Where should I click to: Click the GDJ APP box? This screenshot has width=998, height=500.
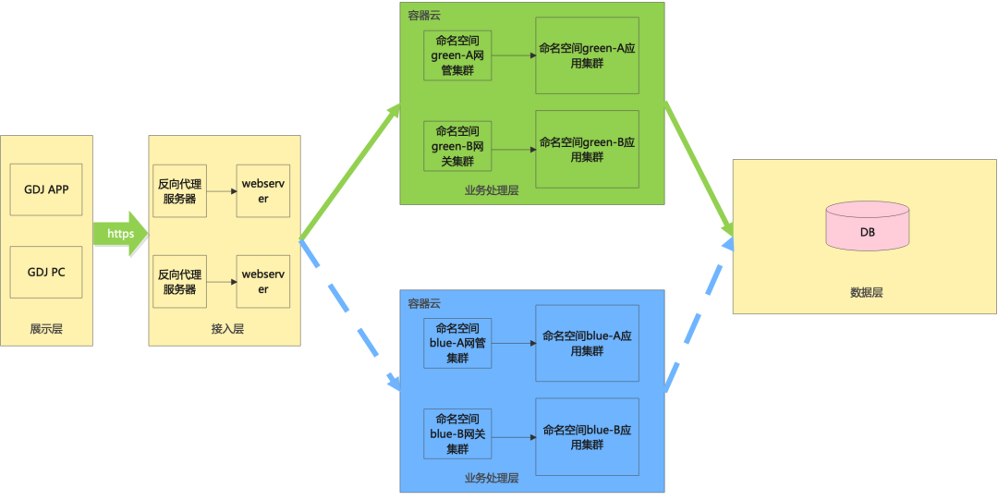46,189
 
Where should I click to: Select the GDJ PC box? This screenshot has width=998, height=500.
46,272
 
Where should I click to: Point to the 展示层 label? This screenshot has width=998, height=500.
46,329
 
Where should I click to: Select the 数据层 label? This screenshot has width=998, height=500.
866,293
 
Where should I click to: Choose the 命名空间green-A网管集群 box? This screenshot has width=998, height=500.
457,55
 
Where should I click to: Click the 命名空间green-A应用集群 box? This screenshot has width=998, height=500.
587,55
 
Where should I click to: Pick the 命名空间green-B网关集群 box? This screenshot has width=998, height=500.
457,146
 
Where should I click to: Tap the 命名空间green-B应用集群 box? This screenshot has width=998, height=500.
587,149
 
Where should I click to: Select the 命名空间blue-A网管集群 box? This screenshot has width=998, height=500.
457,343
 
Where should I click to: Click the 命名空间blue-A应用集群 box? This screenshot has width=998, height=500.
587,343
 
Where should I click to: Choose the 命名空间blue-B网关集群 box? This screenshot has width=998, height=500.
457,433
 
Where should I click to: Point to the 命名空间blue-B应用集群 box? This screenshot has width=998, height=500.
587,437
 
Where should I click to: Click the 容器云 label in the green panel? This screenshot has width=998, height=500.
425,16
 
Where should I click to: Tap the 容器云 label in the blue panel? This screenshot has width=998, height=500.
425,303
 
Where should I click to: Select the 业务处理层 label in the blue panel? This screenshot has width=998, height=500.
492,478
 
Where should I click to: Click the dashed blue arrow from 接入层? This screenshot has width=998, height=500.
349,315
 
